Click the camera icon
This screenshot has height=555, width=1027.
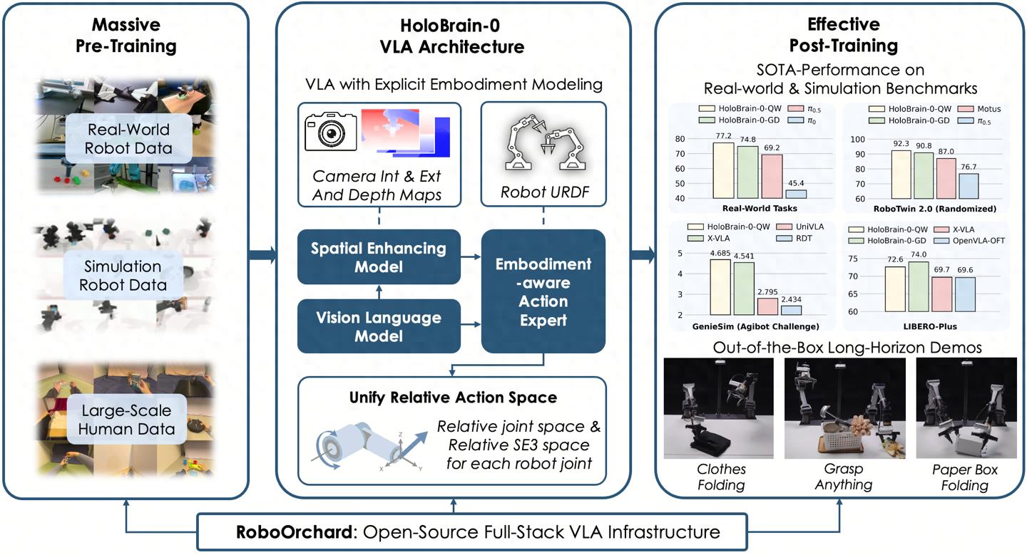pos(330,130)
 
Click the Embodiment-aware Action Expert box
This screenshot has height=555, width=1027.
pos(543,291)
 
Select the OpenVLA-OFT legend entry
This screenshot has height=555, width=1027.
pos(977,240)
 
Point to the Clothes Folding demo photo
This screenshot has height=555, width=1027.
pos(718,408)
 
